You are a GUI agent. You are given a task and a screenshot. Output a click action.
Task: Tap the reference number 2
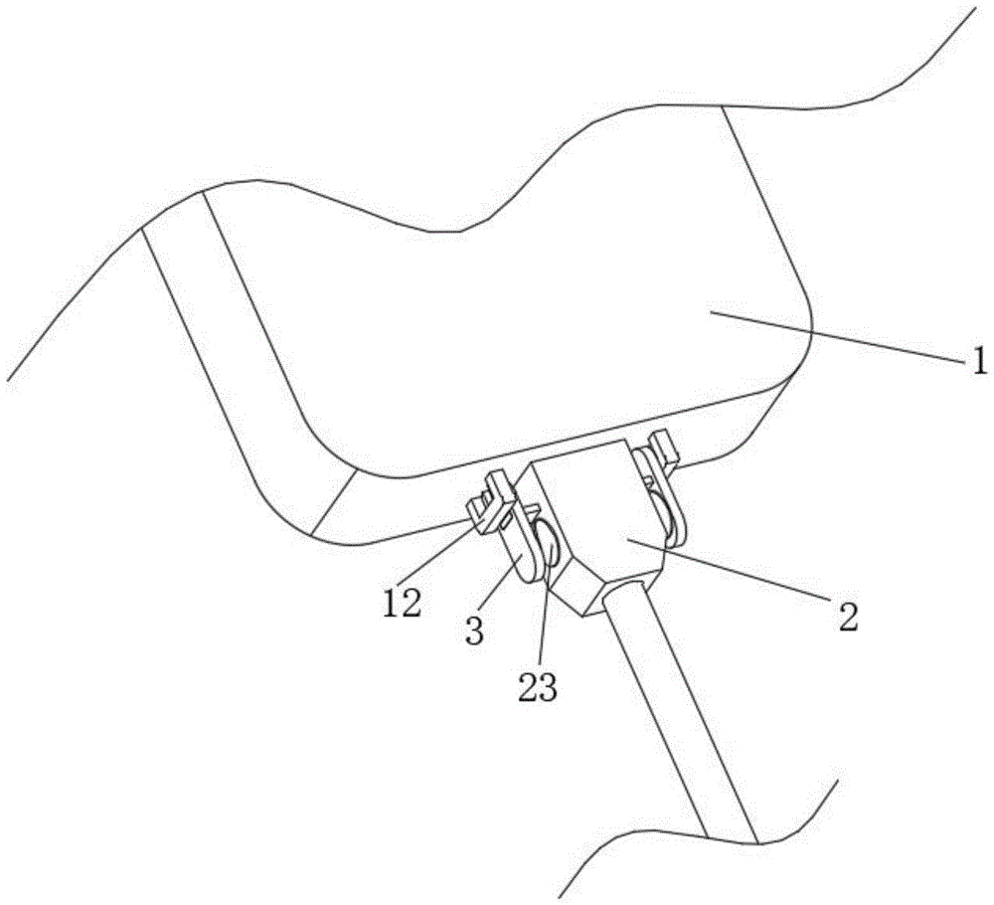847,617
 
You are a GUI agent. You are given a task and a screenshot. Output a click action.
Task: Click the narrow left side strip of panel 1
239,378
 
